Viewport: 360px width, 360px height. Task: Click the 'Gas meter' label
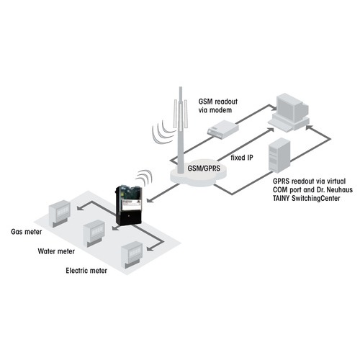pos(27,232)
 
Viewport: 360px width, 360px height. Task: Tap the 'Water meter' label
pos(56,251)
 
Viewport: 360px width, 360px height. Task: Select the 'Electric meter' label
pos(86,271)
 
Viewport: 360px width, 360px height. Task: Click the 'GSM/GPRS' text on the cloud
pos(204,168)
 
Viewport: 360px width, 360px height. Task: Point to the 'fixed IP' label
pos(242,158)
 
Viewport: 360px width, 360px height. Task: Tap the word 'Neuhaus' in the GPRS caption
pos(339,190)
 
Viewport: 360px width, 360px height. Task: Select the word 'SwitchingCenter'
pos(316,199)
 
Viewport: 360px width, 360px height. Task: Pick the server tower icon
pos(279,156)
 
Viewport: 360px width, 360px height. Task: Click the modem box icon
pos(223,130)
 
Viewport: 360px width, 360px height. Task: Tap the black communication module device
pos(129,205)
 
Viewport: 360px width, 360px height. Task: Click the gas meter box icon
pos(60,213)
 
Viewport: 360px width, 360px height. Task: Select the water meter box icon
pos(94,233)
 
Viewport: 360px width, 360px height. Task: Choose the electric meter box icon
pos(132,254)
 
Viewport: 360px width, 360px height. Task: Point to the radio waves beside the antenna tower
pos(161,132)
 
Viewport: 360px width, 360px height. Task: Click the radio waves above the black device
pos(145,178)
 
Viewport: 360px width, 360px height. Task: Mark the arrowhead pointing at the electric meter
pos(150,248)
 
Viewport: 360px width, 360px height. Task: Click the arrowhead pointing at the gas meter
pos(81,207)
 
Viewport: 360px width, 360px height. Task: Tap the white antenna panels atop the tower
pos(181,114)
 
